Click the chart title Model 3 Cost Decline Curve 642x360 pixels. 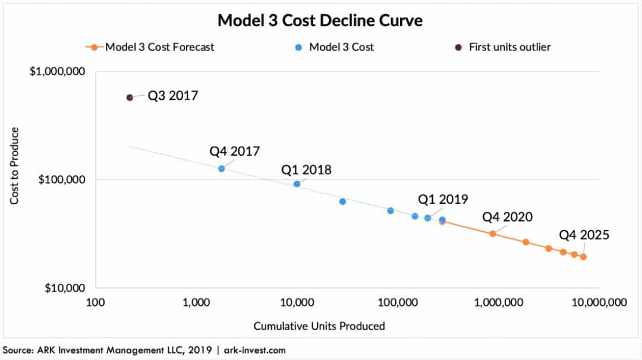320,20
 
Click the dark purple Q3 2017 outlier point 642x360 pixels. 130,97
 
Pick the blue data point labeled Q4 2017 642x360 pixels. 222,169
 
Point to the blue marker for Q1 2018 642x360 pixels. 297,184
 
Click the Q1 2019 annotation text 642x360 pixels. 443,199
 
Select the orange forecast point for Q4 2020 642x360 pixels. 493,233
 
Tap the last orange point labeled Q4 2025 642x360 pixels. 583,257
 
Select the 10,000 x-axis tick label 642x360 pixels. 297,302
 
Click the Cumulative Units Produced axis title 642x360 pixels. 319,326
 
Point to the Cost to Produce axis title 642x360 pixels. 15,166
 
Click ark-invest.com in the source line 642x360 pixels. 254,350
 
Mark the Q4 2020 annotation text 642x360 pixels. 507,217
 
